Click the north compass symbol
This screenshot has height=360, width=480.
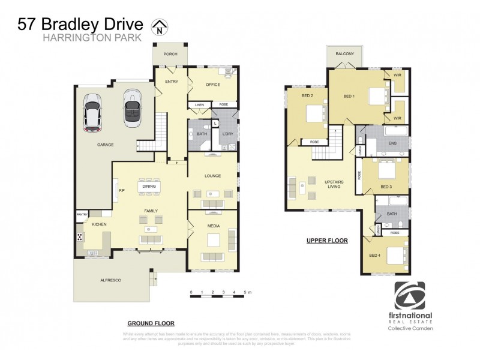click(159, 26)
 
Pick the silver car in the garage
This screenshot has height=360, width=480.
click(132, 107)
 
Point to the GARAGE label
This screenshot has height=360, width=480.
click(106, 145)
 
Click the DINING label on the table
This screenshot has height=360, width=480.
click(149, 187)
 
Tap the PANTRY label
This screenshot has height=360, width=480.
click(82, 214)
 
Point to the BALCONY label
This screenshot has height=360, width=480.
click(344, 53)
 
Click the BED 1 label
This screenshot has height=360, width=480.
click(349, 96)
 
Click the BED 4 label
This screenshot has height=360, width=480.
click(375, 256)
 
